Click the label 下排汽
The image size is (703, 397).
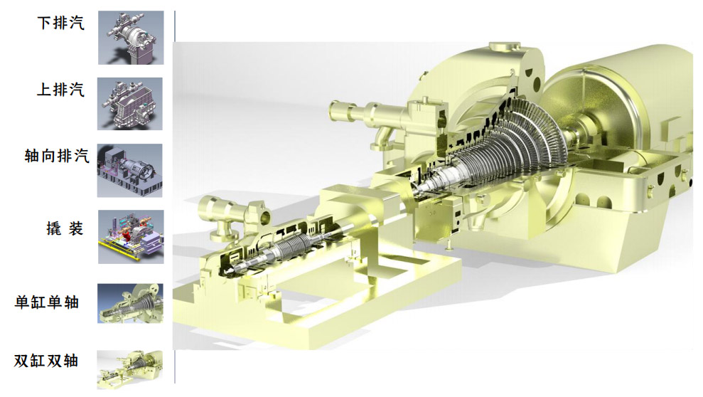60,23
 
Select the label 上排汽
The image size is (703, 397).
60,89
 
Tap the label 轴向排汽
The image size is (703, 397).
57,156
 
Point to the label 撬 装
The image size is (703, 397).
65,228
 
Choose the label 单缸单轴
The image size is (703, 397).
47,302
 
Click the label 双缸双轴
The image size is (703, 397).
46,360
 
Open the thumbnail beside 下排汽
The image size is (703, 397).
131,38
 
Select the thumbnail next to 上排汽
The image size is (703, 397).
130,104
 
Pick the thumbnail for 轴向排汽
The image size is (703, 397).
129,171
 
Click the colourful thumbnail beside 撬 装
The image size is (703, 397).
131,237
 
